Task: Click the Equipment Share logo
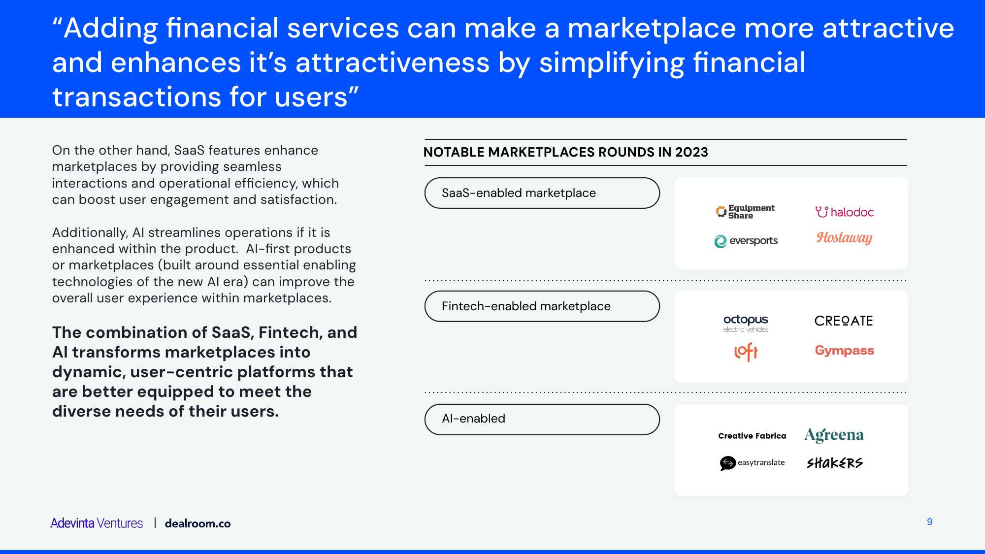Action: pos(745,212)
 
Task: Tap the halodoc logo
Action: pos(844,212)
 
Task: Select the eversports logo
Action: pos(746,241)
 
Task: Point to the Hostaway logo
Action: pos(844,238)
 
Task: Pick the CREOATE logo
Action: pos(844,321)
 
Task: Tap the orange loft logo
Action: pos(746,352)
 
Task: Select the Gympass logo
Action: pos(844,351)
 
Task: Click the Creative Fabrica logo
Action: pos(752,436)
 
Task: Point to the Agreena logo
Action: pos(834,435)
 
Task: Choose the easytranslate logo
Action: pos(752,463)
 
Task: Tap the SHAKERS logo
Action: pos(834,463)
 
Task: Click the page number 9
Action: pos(929,521)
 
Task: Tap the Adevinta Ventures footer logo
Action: pos(97,523)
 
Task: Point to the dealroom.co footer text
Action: pos(197,523)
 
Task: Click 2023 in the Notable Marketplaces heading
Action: pos(691,152)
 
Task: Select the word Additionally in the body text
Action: pos(90,232)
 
